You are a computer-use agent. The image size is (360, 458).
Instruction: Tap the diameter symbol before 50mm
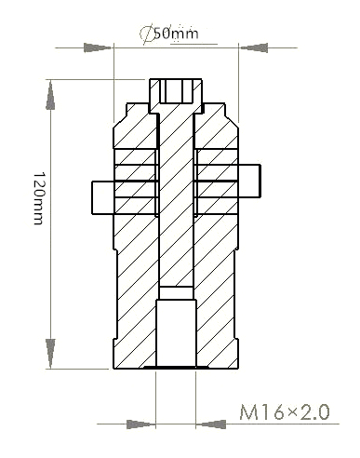[x=146, y=34]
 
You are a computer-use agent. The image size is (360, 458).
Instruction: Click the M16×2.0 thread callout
[x=285, y=411]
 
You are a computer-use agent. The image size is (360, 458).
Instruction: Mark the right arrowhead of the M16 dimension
[x=208, y=424]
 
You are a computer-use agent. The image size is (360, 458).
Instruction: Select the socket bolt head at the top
[x=177, y=92]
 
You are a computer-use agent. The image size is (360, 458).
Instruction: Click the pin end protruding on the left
[x=102, y=195]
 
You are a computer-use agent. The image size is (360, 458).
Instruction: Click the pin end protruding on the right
[x=251, y=180]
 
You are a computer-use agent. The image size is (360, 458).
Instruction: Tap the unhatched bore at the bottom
[x=176, y=331]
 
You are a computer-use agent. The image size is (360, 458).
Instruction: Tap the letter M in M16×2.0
[x=251, y=411]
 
